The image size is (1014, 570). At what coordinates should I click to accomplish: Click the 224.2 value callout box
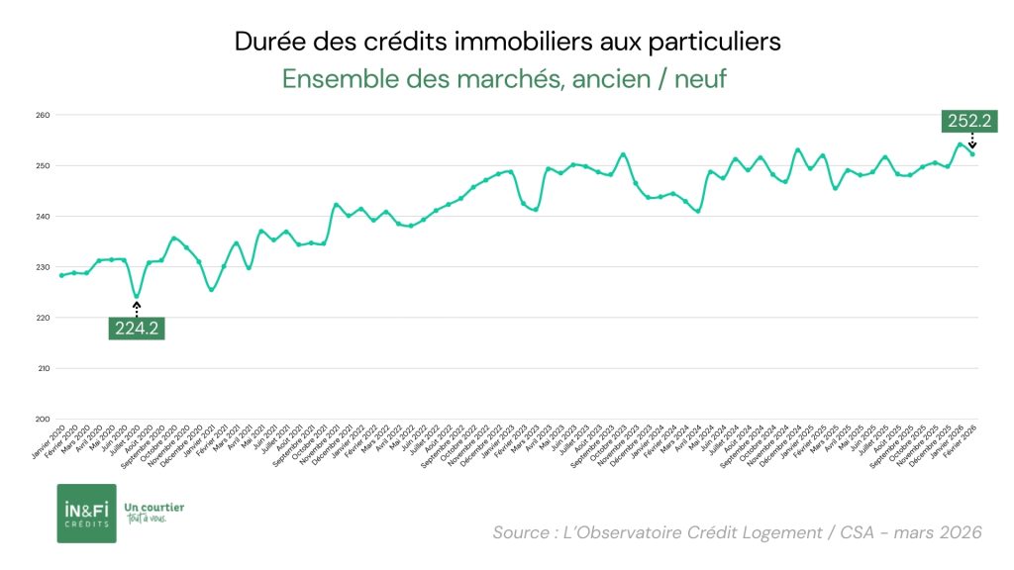coord(137,329)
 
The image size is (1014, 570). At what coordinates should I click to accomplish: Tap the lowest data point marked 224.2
coord(137,296)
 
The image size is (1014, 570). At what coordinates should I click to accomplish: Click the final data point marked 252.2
coord(972,153)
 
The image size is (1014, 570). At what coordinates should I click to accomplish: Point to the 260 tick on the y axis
coord(43,115)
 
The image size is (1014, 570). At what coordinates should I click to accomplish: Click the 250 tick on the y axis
coord(43,165)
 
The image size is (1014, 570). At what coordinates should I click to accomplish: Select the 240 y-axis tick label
coord(43,216)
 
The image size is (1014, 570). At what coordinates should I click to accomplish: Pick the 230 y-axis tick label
coord(43,267)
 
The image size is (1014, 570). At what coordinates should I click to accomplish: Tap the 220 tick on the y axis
coord(43,318)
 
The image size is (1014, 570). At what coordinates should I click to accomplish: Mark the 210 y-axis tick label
coord(43,368)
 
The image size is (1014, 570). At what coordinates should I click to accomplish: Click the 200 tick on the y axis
coord(43,419)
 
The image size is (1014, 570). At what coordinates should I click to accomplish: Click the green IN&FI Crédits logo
coord(86,513)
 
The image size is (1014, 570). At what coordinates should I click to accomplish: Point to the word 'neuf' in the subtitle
coord(700,79)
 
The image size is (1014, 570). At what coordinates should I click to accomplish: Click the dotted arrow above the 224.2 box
coord(137,309)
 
